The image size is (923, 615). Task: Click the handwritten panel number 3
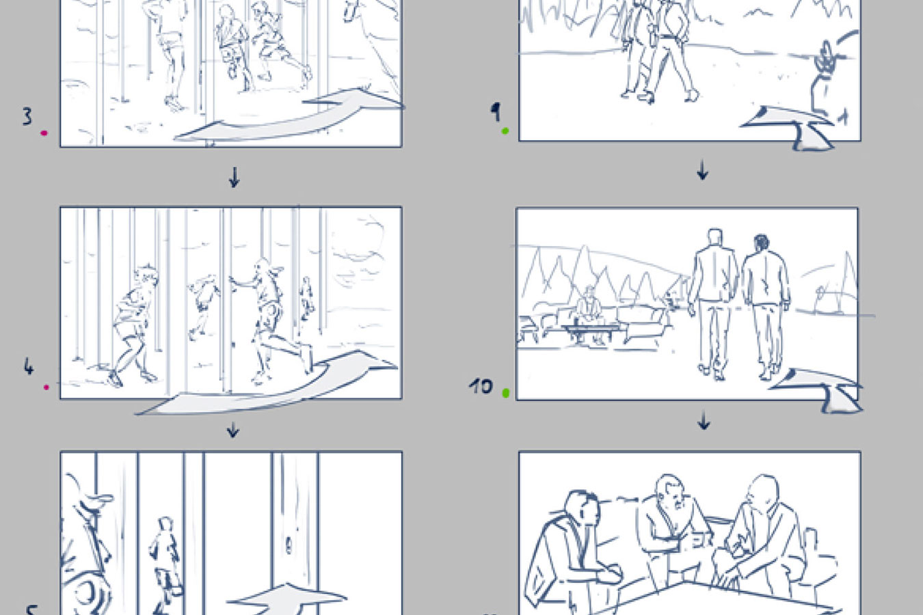(27, 116)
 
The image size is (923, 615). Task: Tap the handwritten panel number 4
(28, 368)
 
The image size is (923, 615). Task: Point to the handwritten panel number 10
(481, 386)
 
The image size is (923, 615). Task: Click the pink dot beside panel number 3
(44, 133)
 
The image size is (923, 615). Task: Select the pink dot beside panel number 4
(46, 387)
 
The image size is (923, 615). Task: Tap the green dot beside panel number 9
(505, 131)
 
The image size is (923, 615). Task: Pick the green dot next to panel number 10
(506, 393)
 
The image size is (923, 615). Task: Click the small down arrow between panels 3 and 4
(234, 178)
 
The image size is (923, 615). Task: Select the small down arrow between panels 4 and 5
(232, 429)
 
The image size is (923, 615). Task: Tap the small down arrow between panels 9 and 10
(702, 169)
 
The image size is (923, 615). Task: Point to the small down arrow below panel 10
(704, 422)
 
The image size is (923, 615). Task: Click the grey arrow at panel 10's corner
(820, 389)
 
